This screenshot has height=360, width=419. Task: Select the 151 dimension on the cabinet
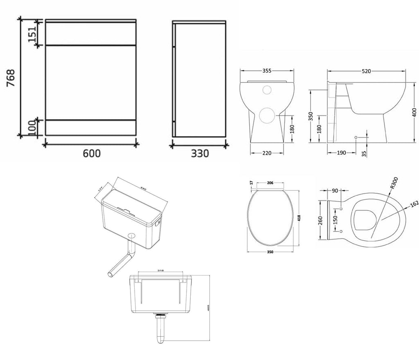[x=32, y=32]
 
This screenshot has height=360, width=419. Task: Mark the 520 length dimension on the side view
[x=366, y=71]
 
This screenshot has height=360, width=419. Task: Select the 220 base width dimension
[x=267, y=153]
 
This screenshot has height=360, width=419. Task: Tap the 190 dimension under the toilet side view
[x=342, y=153]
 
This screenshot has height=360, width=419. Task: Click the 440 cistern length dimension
[x=143, y=189]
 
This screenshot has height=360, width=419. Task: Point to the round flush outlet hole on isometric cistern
[x=132, y=236]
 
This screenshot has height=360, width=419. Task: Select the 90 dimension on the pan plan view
[x=335, y=190]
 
